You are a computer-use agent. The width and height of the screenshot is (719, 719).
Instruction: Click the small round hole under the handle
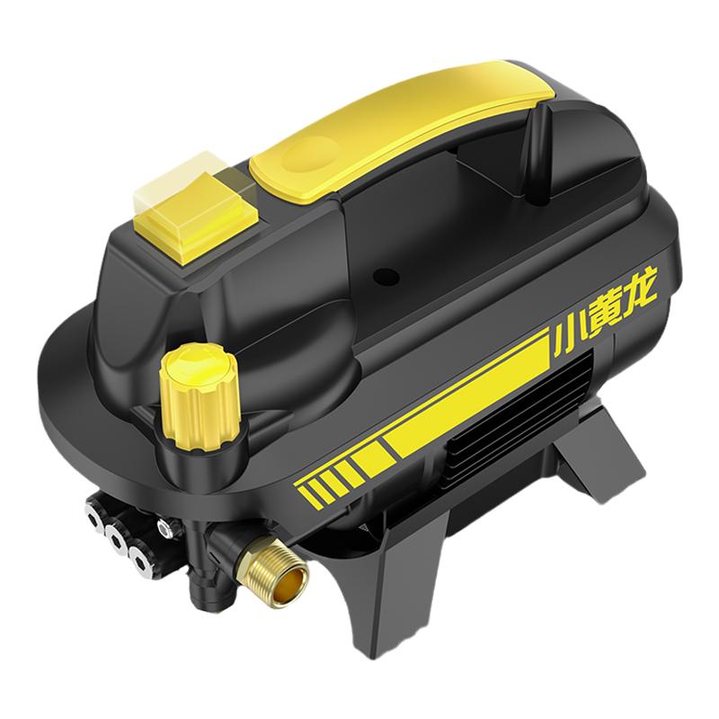point(386,276)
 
